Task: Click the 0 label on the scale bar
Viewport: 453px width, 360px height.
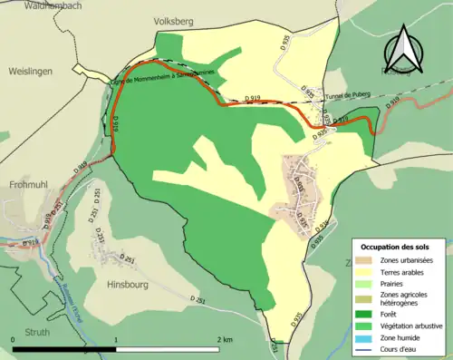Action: coord(14,338)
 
